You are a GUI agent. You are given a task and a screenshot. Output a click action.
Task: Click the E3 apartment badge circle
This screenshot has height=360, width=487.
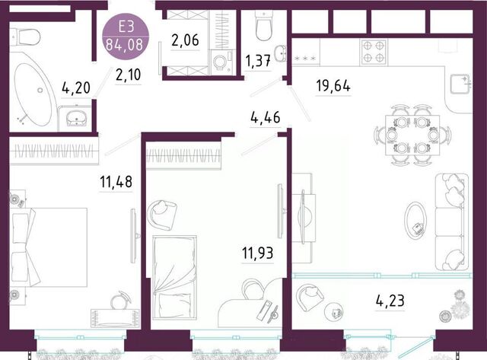pos(126,37)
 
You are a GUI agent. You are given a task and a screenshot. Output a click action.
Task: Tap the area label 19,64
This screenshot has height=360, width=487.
pos(333,85)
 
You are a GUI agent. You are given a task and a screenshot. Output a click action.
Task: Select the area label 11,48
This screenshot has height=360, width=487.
pos(116,182)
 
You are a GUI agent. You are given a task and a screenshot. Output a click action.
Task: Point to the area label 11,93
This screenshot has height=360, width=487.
pos(258,253)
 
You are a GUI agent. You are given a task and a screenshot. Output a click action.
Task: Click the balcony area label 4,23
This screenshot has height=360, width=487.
pos(390,301)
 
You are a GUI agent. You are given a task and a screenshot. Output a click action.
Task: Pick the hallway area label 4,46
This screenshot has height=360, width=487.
pos(266,117)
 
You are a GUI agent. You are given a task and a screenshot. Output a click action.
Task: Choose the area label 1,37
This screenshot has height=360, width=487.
pos(258,61)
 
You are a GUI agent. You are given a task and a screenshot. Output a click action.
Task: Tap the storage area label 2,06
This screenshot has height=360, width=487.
pos(185,40)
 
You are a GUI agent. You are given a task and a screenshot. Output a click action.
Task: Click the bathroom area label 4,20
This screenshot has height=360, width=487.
pos(76,88)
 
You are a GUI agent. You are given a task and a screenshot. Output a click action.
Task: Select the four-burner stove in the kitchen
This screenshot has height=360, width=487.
pos(374,52)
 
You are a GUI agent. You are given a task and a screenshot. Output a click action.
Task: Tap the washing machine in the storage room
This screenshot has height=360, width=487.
pos(221,62)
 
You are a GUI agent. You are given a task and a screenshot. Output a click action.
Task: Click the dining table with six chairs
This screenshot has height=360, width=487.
pos(412,135)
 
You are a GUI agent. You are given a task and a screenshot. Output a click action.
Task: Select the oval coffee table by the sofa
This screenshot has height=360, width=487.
pos(415,221)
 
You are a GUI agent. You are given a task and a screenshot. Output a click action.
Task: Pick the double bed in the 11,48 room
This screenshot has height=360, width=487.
pos(49,247)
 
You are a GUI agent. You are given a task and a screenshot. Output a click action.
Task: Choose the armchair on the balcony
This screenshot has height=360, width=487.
pos(309,298)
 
